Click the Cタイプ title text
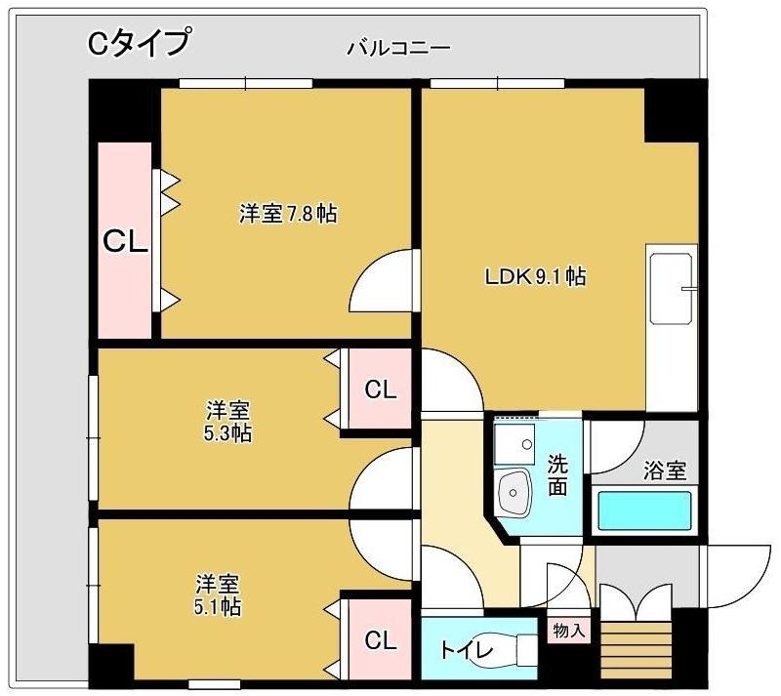[x=139, y=42]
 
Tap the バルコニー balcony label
[x=398, y=49]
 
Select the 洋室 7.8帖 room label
[x=288, y=214]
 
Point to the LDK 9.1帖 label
[x=535, y=276]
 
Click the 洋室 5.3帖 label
[x=227, y=422]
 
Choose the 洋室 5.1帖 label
[x=218, y=594]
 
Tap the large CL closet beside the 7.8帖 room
[x=125, y=241]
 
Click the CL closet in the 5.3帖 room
[x=380, y=389]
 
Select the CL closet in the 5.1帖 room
[x=380, y=639]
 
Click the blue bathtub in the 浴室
[x=644, y=511]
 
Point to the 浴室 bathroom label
[x=665, y=471]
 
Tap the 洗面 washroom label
[x=557, y=474]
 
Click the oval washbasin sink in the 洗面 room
[x=514, y=493]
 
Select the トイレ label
[x=467, y=650]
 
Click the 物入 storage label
[x=568, y=631]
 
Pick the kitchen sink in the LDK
[x=672, y=289]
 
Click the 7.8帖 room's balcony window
[x=246, y=83]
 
